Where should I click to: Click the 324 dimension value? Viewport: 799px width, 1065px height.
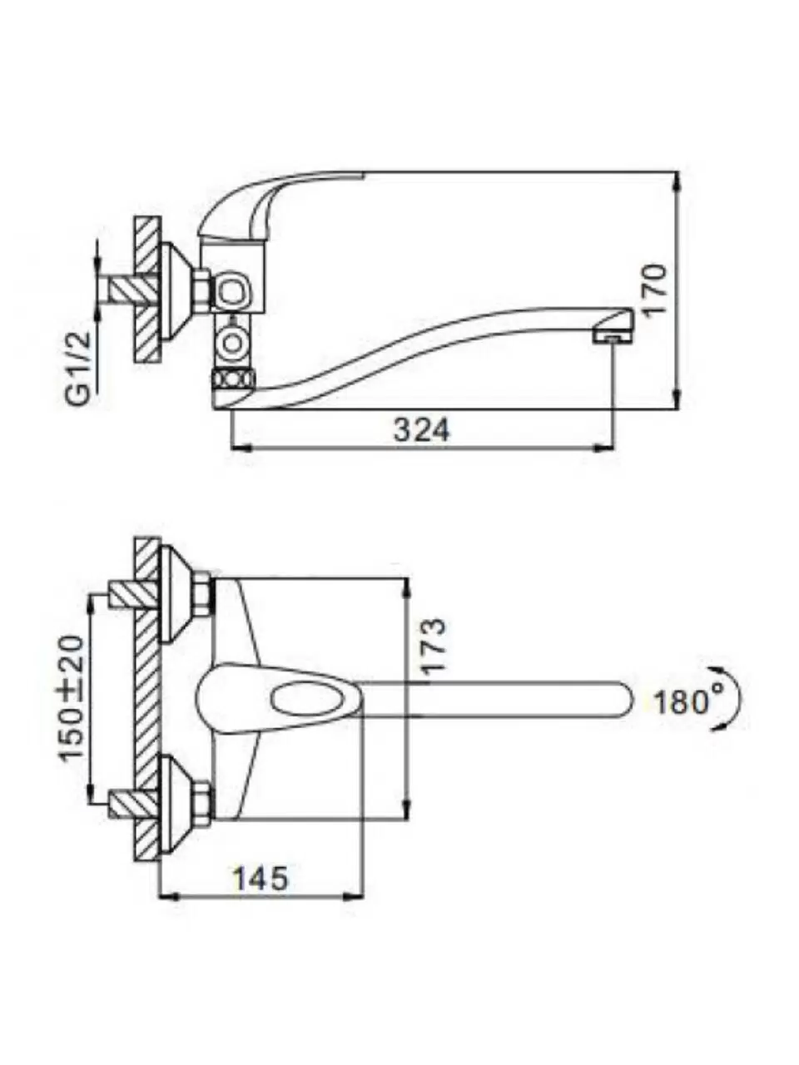(x=421, y=430)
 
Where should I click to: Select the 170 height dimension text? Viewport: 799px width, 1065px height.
(x=655, y=288)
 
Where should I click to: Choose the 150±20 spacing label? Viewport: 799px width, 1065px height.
(x=72, y=697)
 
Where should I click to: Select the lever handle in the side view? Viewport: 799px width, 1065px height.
(x=275, y=200)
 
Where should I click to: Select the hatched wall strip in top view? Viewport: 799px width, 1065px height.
(x=146, y=699)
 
